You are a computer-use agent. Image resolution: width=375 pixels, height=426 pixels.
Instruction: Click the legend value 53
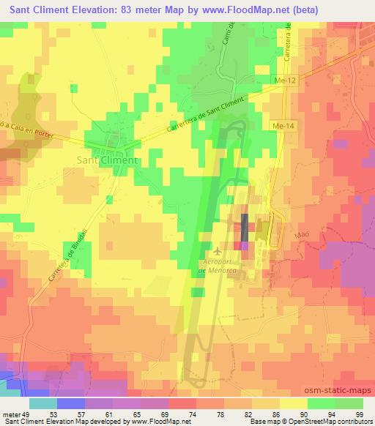point(43,414)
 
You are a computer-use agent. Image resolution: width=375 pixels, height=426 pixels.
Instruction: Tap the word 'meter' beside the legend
point(11,414)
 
